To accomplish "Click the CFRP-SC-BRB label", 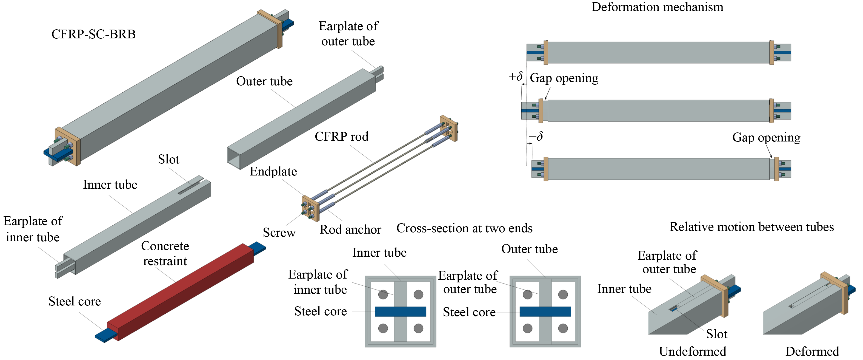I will pos(93,34).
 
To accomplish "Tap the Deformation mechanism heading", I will pos(657,7).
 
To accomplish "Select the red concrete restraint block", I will pos(181,292).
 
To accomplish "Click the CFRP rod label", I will pos(341,137).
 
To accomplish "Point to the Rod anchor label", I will pos(350,229).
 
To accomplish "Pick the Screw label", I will pos(279,232).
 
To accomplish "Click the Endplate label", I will pos(273,171).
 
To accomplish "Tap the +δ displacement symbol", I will pos(515,76).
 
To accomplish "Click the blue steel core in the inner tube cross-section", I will pos(400,311).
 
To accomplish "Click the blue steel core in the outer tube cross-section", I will pos(545,311).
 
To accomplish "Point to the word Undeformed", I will pos(693,351).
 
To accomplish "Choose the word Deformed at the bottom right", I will pos(812,351).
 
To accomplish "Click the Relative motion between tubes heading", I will pos(751,227).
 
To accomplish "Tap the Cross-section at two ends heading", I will pos(464,228).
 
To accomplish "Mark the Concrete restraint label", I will pos(165,253).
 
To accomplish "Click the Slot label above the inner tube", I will pos(168,159).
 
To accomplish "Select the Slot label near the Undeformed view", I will pos(717,334).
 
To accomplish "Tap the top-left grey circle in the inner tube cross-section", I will pos(383,295).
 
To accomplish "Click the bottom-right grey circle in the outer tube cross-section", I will pos(563,328).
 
